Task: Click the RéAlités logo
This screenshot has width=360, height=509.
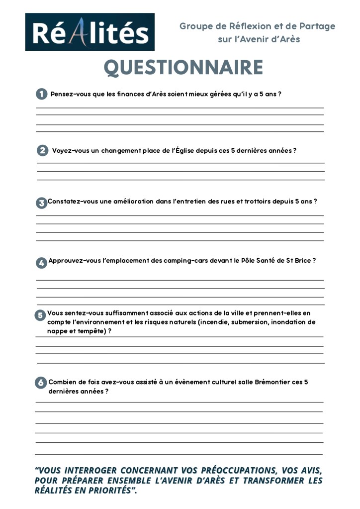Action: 90,32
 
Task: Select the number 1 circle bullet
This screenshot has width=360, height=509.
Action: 41,94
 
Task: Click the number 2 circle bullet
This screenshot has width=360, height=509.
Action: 43,150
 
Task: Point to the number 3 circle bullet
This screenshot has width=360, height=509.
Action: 41,203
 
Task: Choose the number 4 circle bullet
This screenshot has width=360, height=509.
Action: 41,262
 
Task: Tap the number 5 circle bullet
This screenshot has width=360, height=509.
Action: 40,315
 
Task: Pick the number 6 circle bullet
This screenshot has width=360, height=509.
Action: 41,383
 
